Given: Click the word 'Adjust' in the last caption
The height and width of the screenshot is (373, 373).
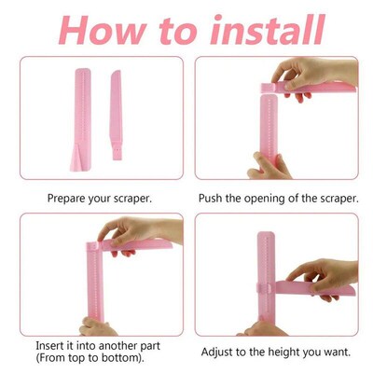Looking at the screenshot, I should [x=221, y=352].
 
